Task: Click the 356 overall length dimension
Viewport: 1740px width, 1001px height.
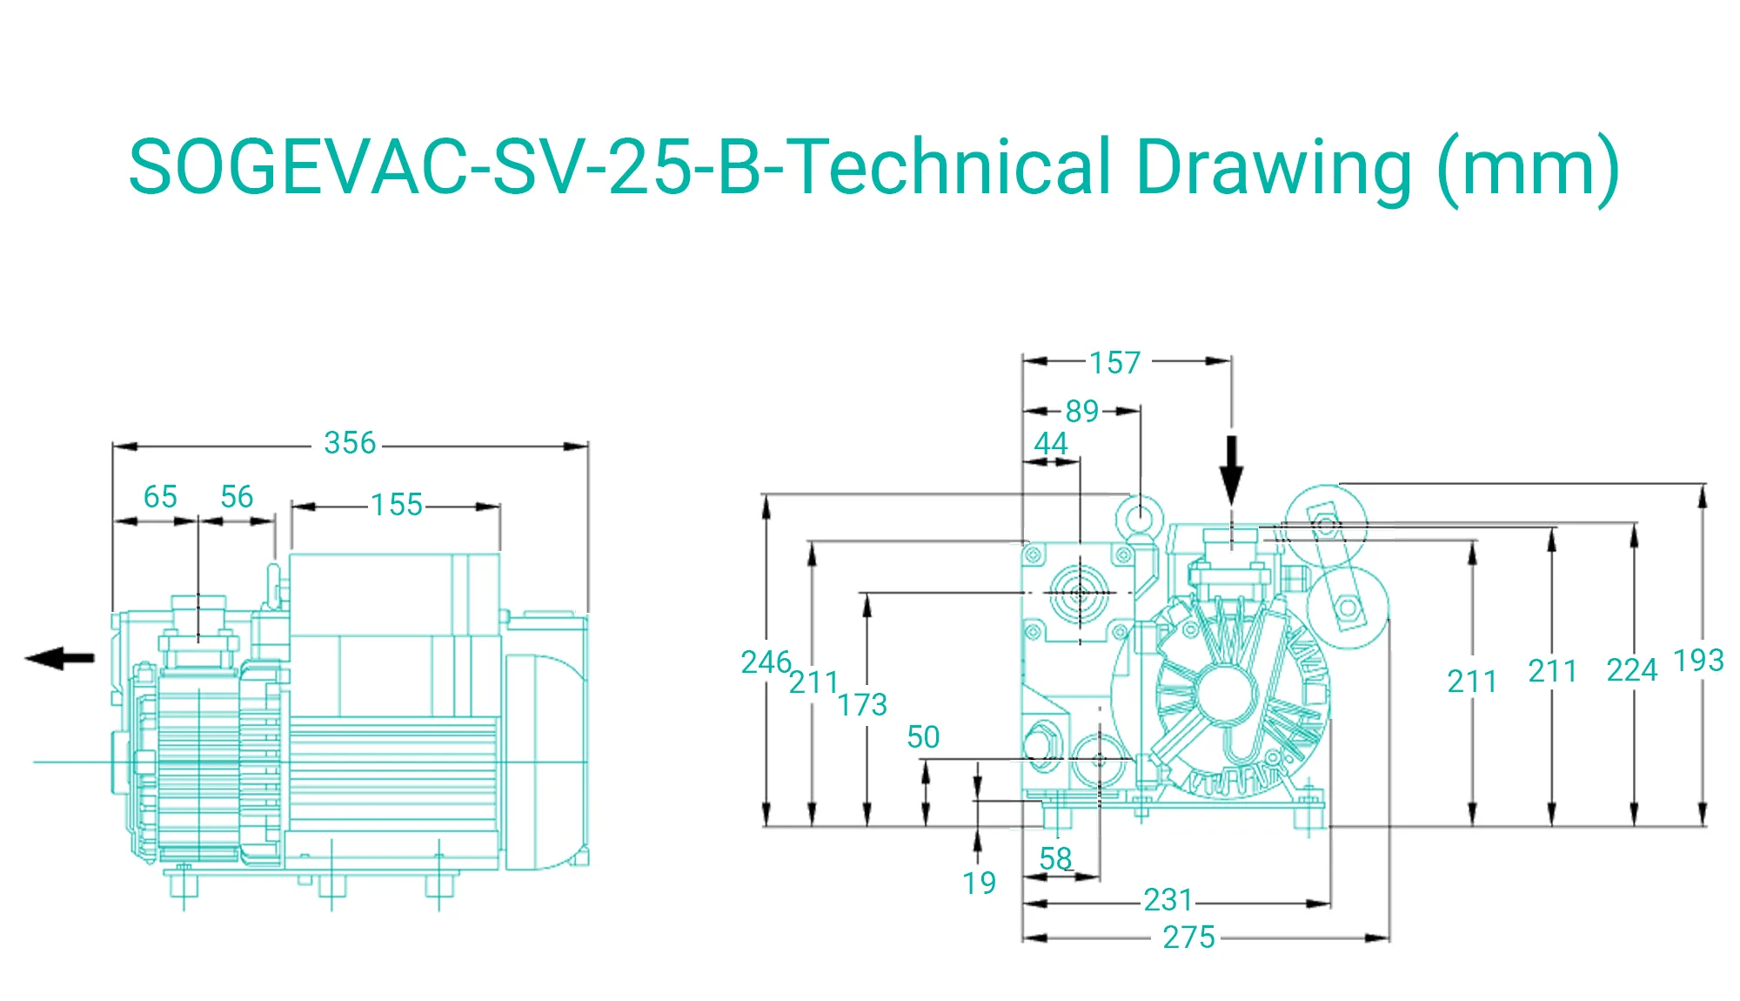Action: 350,443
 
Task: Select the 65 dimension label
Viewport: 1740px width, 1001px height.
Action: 160,497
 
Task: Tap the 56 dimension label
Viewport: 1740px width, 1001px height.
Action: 237,497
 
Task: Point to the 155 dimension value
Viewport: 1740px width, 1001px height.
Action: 397,505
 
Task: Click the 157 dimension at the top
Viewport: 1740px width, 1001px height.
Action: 1114,363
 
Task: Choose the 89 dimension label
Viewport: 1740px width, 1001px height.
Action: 1082,412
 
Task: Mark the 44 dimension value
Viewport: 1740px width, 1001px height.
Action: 1051,444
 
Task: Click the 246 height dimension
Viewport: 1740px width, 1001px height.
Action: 766,662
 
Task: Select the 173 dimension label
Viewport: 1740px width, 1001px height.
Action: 862,705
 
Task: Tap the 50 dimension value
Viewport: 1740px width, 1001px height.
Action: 923,737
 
